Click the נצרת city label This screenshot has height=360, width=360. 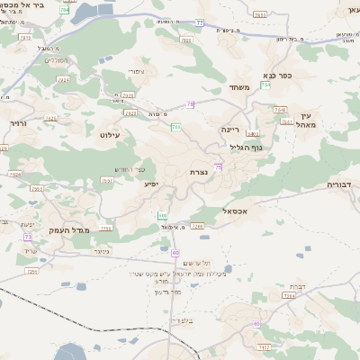click(x=199, y=171)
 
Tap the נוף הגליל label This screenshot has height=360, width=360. click(x=246, y=147)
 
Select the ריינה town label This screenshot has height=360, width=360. click(x=231, y=130)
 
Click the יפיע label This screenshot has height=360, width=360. click(x=151, y=184)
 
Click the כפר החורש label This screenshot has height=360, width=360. click(x=129, y=169)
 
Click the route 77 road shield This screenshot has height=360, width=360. click(x=200, y=22)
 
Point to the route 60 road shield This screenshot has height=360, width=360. click(x=175, y=253)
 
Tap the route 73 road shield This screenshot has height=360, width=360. click(x=28, y=237)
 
